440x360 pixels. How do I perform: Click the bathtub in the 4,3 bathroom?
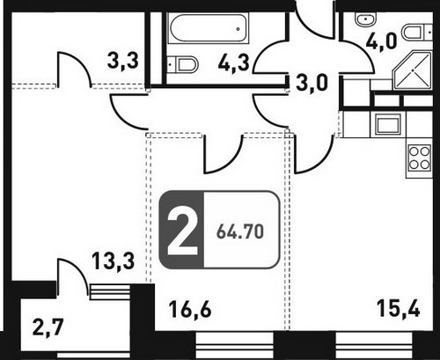[x=208, y=28]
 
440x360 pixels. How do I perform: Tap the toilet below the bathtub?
[x=182, y=64]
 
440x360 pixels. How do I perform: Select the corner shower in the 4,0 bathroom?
[x=412, y=70]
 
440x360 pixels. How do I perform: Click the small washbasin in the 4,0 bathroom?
[x=366, y=19]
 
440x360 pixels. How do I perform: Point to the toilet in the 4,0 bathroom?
[x=417, y=33]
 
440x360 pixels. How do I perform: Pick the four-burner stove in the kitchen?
[x=420, y=158]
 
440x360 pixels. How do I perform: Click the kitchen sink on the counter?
[x=389, y=124]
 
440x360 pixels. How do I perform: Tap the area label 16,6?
[x=190, y=310]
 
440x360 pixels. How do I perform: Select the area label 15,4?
[x=399, y=309]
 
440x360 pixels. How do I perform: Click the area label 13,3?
[x=114, y=261]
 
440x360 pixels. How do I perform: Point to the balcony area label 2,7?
[x=48, y=327]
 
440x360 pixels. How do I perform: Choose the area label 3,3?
[x=122, y=62]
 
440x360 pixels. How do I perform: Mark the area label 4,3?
[x=234, y=63]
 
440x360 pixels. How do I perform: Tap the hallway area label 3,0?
[x=312, y=83]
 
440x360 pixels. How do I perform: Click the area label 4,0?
[x=381, y=41]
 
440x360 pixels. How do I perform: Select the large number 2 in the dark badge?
[x=182, y=230]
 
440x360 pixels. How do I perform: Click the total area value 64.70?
[x=240, y=231]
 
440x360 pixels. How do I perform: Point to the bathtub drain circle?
[x=238, y=29]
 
